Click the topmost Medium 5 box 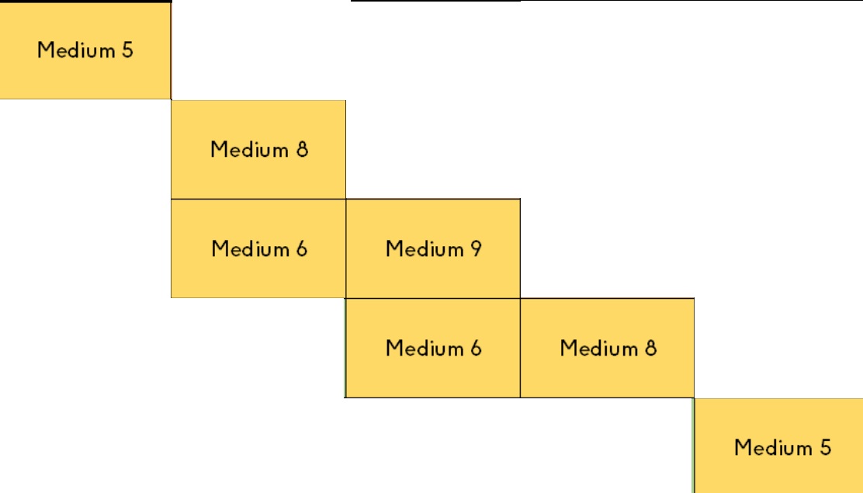(85, 50)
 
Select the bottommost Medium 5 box (778, 446)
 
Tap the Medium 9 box (433, 248)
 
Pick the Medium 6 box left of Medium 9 (258, 248)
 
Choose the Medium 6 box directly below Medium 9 (433, 348)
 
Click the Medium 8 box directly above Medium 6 (258, 149)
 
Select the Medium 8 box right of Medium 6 (607, 348)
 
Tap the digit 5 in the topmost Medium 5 (127, 50)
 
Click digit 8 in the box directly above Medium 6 (301, 149)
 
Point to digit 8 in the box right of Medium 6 (650, 348)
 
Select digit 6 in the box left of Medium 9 (301, 249)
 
